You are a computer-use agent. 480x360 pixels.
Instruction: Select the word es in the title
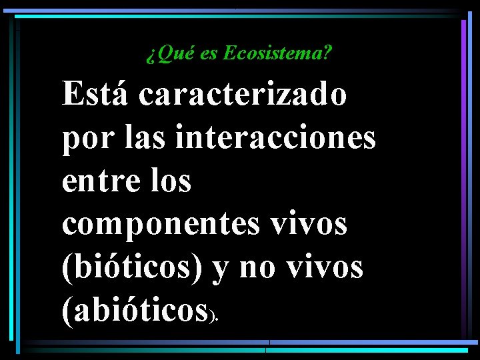(208, 54)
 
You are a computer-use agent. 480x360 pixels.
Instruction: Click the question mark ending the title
(327, 53)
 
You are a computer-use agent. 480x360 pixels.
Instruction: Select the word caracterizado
(243, 94)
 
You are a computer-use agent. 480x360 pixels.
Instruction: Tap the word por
(82, 139)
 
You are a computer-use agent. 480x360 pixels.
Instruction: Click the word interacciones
(276, 138)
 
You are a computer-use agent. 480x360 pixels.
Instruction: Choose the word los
(170, 181)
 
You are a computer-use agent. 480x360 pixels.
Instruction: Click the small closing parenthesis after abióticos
(212, 319)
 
